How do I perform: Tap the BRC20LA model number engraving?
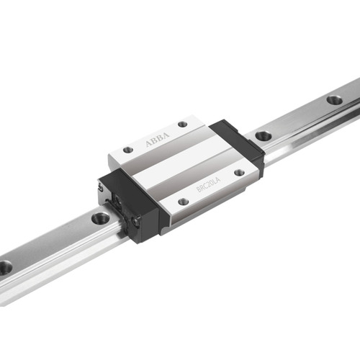click(209, 184)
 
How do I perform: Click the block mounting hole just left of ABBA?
click(128, 150)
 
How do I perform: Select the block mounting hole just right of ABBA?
click(183, 125)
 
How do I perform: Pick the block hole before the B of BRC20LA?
click(184, 202)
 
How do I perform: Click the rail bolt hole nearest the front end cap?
click(101, 217)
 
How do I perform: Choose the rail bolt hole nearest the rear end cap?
click(264, 135)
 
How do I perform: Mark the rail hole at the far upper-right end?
click(334, 99)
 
